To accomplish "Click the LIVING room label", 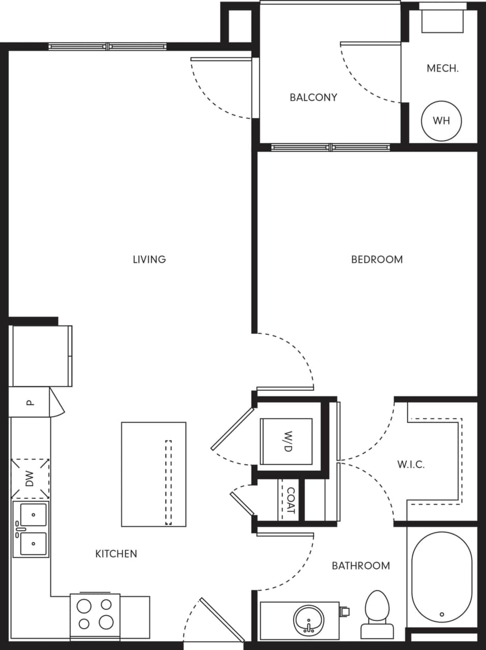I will [149, 259].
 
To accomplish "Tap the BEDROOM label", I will [377, 259].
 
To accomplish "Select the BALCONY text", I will [313, 97].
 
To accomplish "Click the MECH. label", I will [442, 69].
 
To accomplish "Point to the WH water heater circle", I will [441, 121].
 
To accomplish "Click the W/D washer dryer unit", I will [286, 441].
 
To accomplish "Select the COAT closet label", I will [291, 500].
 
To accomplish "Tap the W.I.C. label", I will [410, 464].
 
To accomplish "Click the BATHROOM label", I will [360, 566].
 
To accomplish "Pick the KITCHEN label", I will [116, 554].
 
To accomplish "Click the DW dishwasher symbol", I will [30, 478].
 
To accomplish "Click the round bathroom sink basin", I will [308, 619].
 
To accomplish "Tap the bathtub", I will [441, 579].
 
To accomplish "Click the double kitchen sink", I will [31, 530].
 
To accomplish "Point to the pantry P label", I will [30, 403].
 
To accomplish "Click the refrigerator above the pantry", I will [41, 355].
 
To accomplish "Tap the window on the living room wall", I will [108, 47].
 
